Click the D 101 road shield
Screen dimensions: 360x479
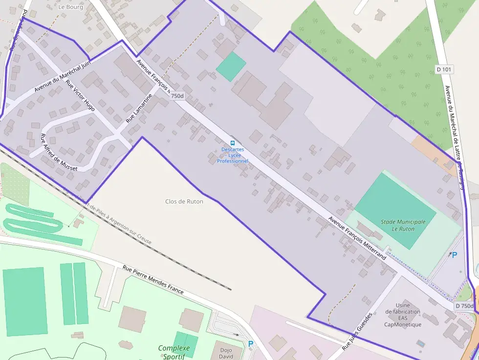click(x=444, y=69)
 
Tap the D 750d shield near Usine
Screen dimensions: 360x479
click(x=464, y=306)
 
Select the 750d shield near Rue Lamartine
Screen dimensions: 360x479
click(x=177, y=96)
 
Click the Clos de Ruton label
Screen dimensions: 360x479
click(x=184, y=201)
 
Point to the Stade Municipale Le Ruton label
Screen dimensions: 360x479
click(x=403, y=225)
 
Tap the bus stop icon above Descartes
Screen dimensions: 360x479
click(x=232, y=143)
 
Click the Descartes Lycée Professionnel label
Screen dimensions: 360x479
click(x=233, y=155)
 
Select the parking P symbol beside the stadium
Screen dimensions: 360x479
click(x=454, y=255)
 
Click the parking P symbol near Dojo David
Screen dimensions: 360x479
click(x=251, y=344)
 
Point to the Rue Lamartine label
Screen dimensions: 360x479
click(x=139, y=108)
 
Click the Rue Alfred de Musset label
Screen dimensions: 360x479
click(x=58, y=152)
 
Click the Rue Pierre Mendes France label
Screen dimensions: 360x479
click(x=153, y=279)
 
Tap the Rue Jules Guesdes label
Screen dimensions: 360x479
click(x=357, y=332)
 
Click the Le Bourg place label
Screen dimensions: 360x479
click(x=70, y=7)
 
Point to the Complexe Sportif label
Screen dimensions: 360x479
click(x=174, y=352)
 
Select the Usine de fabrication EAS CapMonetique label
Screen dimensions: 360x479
click(x=402, y=315)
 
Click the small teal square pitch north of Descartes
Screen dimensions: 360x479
click(x=231, y=66)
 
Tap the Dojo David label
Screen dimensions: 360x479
click(x=226, y=353)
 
